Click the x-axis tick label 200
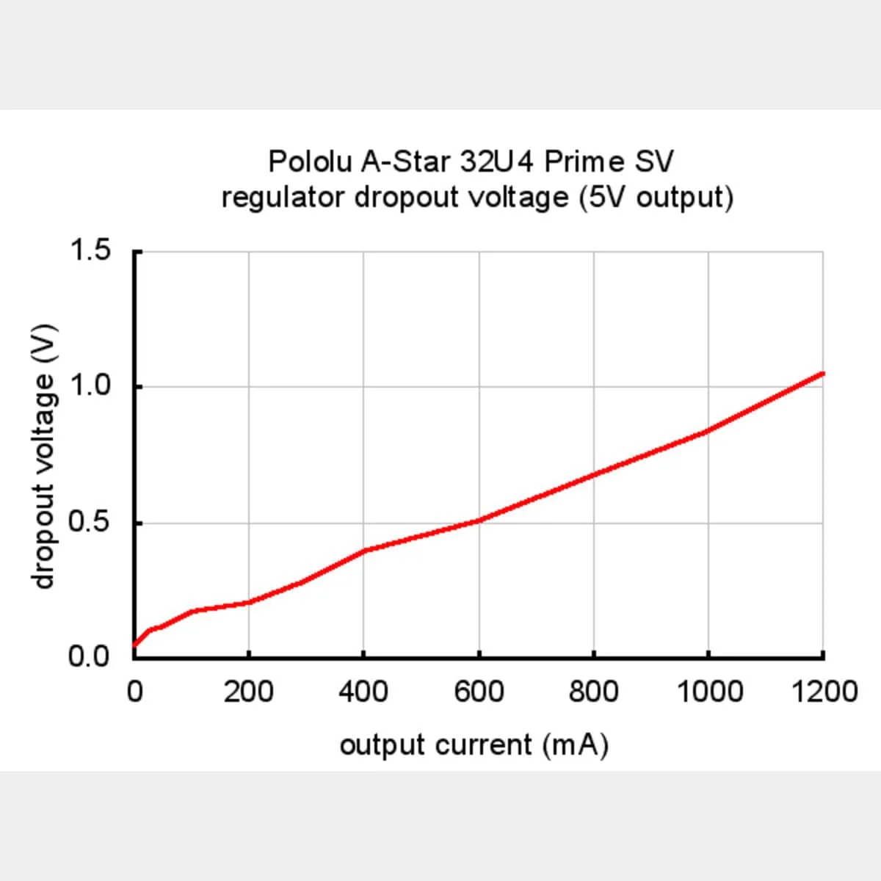point(249,692)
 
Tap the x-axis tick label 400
point(363,692)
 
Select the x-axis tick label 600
point(479,692)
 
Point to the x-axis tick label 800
point(593,692)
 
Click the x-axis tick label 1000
point(708,692)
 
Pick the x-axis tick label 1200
point(824,692)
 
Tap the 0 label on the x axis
point(134,692)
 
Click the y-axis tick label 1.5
point(90,251)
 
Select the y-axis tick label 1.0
point(90,386)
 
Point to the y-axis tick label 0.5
point(90,522)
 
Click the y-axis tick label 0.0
point(90,656)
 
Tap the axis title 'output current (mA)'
point(474,745)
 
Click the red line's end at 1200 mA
point(823,374)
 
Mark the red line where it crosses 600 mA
point(479,521)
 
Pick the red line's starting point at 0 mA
point(134,645)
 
